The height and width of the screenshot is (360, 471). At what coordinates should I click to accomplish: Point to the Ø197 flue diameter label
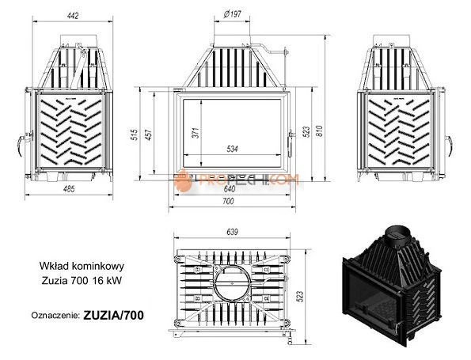click(x=233, y=13)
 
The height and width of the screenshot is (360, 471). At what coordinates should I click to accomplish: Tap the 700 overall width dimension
click(x=230, y=202)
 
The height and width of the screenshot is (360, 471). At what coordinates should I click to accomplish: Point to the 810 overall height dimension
click(x=320, y=131)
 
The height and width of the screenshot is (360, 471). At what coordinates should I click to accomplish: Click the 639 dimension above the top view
click(x=233, y=232)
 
